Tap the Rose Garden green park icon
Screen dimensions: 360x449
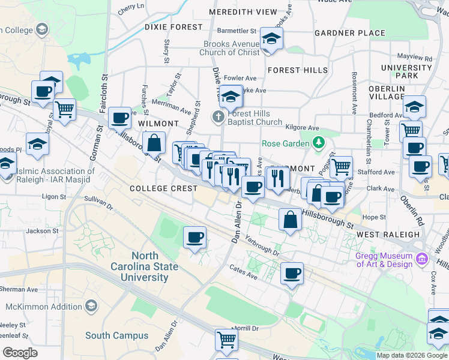319,143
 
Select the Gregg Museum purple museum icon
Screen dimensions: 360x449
422,259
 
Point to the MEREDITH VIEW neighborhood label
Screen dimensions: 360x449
243,12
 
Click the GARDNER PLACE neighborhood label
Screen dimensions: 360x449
349,32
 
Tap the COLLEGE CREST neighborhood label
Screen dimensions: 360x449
163,188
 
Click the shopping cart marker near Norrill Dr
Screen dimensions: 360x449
227,340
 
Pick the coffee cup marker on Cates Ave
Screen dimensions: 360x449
292,274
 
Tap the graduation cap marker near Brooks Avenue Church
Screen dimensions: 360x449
271,40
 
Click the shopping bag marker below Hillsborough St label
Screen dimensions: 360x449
290,220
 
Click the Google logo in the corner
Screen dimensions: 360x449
20,352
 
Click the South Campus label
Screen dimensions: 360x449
116,335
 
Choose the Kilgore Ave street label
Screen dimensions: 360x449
303,128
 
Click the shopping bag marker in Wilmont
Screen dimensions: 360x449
154,143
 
